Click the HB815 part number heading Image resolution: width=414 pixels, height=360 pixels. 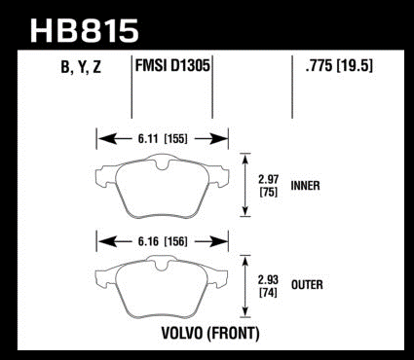(x=85, y=31)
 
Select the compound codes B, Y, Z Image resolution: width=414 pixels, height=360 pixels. (x=81, y=67)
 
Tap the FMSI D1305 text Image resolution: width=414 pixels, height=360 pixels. (x=172, y=65)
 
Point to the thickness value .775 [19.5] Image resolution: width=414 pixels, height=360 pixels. (x=339, y=66)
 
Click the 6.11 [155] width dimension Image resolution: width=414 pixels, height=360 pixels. (x=163, y=139)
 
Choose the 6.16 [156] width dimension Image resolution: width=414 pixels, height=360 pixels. (x=163, y=241)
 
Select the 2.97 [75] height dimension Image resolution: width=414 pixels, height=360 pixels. (x=268, y=186)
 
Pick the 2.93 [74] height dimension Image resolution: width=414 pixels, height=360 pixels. (x=268, y=286)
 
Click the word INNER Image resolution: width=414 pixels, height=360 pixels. (x=305, y=186)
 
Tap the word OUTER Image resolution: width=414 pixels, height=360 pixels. (x=307, y=285)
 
